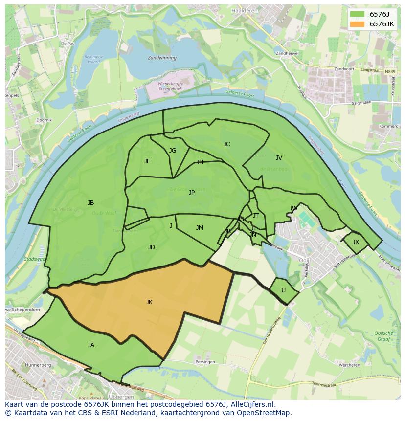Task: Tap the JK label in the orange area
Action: click(x=149, y=302)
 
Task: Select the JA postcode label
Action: click(x=91, y=345)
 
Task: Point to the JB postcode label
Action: click(x=90, y=203)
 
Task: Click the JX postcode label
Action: click(x=356, y=242)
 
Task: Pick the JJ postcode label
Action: click(x=283, y=290)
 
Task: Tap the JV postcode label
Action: click(x=279, y=158)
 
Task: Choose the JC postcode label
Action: click(x=226, y=144)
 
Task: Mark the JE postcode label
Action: click(x=147, y=161)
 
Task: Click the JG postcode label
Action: click(x=173, y=151)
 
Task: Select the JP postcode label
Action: click(x=192, y=193)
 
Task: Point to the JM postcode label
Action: click(x=200, y=228)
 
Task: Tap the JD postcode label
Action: click(x=152, y=247)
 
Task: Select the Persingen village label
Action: click(x=204, y=362)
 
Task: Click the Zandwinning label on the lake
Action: click(x=162, y=57)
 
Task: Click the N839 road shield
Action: click(x=389, y=72)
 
